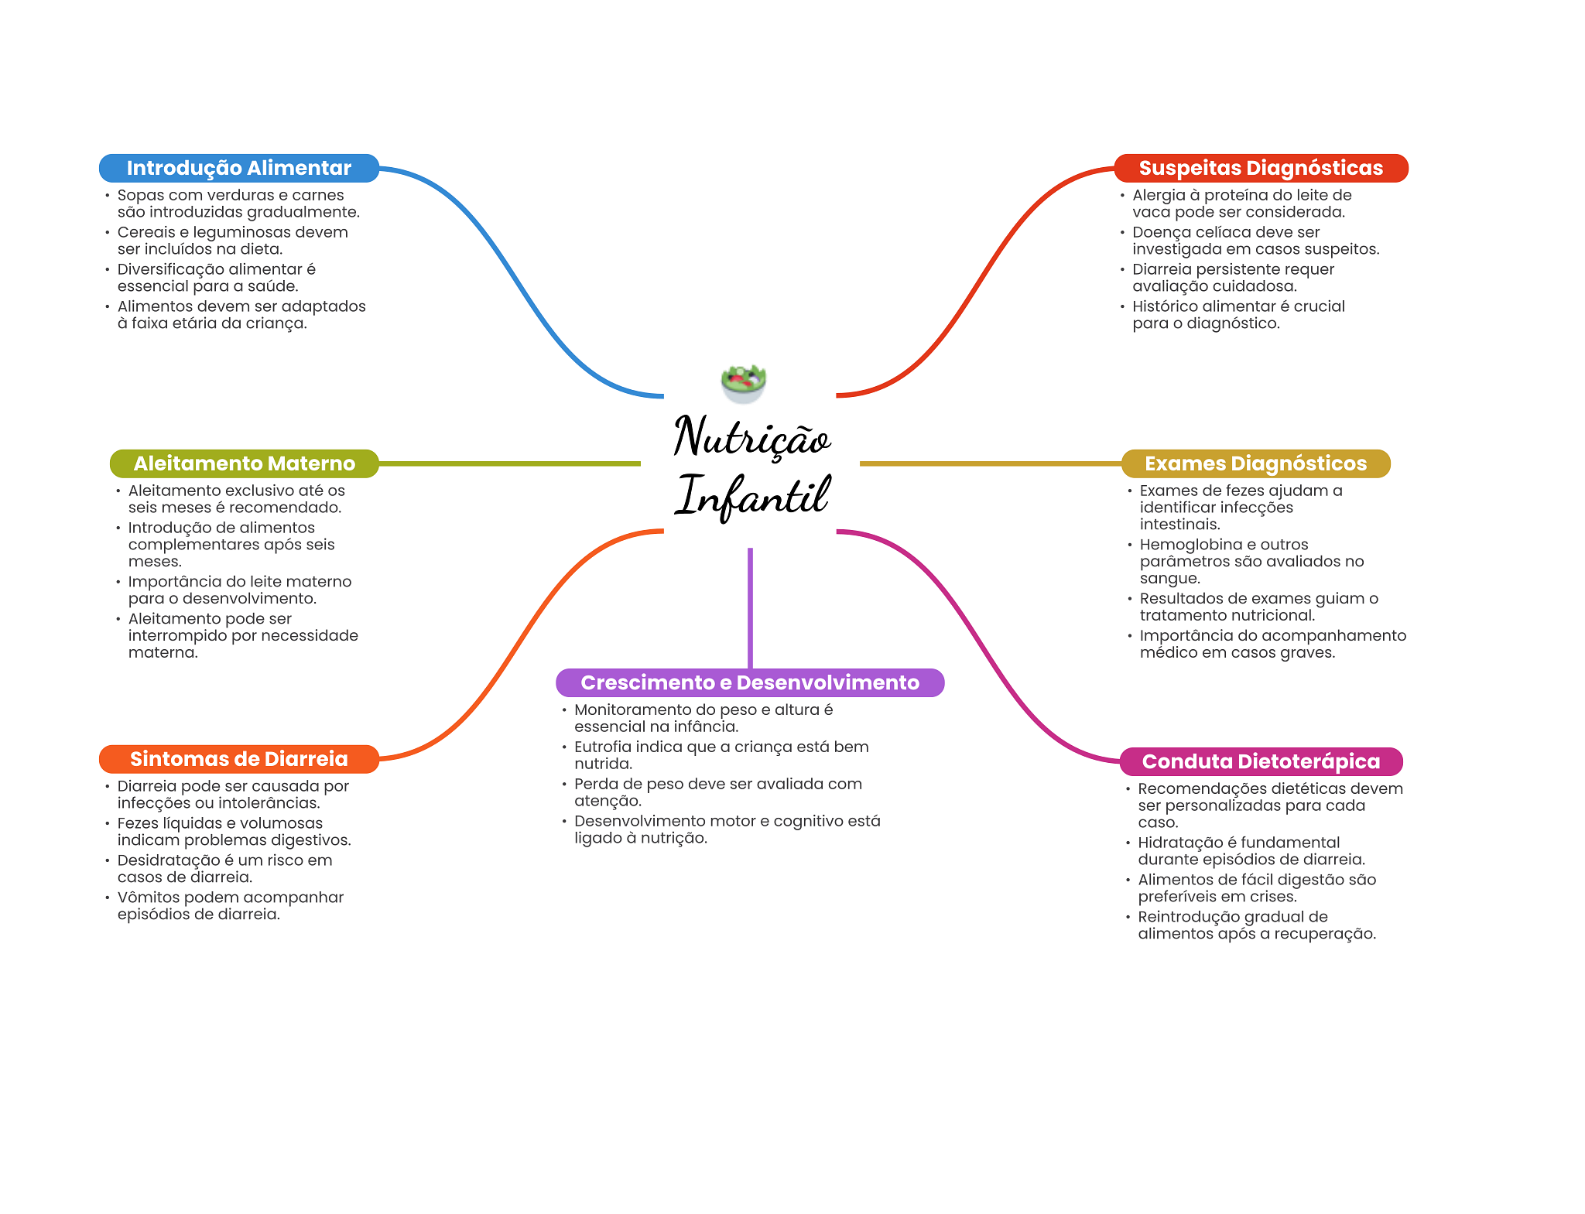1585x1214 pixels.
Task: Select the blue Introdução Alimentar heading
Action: pos(238,168)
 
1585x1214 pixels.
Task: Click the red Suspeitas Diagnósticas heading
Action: pos(1261,168)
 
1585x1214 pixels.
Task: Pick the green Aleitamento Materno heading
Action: pos(244,463)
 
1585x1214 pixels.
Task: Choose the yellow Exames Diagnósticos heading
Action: pos(1255,463)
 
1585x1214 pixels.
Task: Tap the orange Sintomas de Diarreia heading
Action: pos(238,759)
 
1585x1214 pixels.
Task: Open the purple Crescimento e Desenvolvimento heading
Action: pos(749,682)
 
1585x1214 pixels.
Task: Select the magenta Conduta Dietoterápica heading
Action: pos(1261,761)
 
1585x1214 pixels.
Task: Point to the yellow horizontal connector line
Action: pos(991,463)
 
